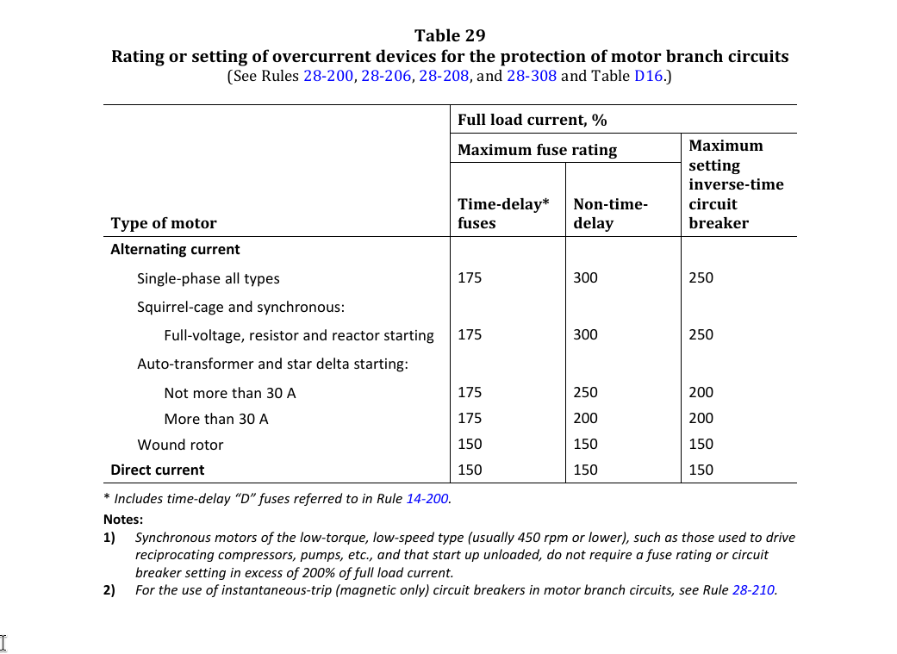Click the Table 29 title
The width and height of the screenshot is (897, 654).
450,35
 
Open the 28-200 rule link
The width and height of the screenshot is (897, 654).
328,76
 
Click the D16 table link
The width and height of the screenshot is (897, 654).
649,76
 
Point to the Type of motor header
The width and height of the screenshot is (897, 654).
164,223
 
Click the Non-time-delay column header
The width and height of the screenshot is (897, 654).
610,214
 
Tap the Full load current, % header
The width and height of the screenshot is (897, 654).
532,120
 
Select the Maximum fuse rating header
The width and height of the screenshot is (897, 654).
537,150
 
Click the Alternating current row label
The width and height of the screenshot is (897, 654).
175,250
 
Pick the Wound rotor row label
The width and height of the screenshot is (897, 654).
180,445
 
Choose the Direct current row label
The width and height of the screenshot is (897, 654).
158,470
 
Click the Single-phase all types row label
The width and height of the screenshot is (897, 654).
208,278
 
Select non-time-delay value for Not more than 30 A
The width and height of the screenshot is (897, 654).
585,393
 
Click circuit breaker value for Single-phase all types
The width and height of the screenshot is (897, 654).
701,278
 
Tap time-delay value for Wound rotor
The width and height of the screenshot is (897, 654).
470,445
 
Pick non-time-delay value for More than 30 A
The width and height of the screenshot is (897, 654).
585,419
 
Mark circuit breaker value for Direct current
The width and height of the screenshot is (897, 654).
701,470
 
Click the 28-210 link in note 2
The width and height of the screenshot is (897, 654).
753,590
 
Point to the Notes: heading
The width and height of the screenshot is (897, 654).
123,520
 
